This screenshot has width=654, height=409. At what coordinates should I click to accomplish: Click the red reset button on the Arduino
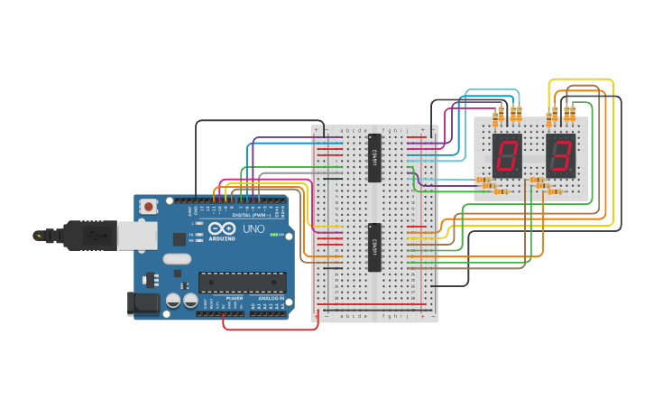(147, 206)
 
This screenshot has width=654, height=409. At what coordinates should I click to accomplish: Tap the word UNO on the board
(255, 229)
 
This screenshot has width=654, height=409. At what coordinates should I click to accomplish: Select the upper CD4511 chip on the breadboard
(374, 157)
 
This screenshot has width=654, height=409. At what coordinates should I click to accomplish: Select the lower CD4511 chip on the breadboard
(374, 246)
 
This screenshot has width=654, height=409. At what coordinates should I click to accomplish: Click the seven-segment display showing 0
(507, 155)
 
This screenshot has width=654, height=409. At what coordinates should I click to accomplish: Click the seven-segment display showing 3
(560, 155)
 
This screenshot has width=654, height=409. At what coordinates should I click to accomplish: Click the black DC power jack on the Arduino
(143, 302)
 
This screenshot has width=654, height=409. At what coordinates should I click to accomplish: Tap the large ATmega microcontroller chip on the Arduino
(242, 282)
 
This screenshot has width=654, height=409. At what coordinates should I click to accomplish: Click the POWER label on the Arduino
(235, 298)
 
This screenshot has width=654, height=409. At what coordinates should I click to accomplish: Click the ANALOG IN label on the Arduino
(270, 298)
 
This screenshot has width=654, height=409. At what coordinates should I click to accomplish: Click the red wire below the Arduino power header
(271, 330)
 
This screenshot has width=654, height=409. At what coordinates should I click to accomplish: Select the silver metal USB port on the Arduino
(137, 236)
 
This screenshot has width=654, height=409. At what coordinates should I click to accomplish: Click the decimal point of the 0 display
(520, 172)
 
